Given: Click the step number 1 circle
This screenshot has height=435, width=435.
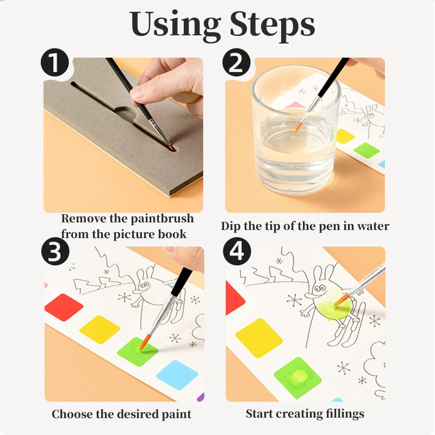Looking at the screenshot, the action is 55,62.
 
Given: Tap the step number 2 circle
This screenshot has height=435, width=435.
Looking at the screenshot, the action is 237,62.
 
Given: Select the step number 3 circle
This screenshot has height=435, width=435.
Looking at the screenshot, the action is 55,251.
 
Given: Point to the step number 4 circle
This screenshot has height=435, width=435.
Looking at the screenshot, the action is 237,251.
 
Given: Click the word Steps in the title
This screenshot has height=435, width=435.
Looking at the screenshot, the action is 272,25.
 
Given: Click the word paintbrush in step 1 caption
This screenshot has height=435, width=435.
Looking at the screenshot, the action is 162,219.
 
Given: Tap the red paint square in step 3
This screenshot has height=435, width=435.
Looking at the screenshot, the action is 64,307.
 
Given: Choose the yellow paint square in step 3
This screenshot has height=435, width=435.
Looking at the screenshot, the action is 100,330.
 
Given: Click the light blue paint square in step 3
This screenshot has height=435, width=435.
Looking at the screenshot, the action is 177,375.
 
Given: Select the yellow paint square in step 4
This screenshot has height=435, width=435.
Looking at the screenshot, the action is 259,338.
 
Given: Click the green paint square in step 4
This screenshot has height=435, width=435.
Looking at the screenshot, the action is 297,377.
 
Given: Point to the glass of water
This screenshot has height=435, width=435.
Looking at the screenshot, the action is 296,130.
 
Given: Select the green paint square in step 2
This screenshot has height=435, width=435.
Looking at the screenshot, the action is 366,151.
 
